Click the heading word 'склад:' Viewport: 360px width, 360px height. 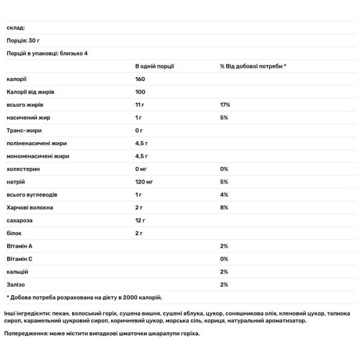[16, 28]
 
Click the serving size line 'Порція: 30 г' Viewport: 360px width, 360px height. [23, 41]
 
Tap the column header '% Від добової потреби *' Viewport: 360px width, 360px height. [253, 66]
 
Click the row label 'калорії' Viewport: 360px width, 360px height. [16, 79]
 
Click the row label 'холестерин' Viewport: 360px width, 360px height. [22, 169]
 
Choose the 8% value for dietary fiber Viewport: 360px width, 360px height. [224, 208]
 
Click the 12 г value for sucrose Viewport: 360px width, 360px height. [140, 220]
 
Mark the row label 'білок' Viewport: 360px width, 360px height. [14, 233]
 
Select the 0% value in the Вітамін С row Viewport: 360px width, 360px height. [224, 259]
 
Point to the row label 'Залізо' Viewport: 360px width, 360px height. [16, 284]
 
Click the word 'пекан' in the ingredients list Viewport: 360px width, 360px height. [63, 314]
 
